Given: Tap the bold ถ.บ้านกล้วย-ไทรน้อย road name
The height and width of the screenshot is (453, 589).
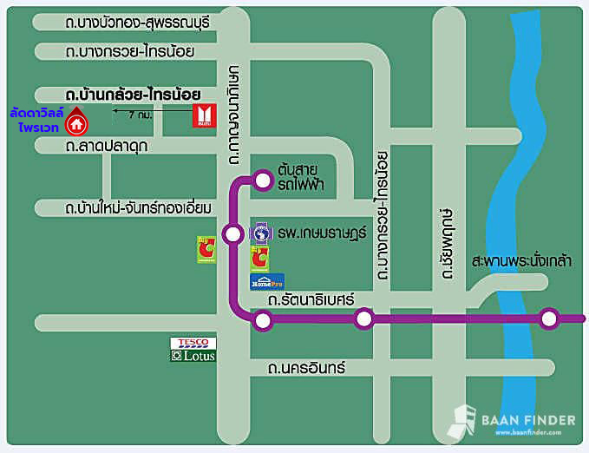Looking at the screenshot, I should (x=134, y=93).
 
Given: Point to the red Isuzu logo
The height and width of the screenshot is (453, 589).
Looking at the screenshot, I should (x=203, y=116).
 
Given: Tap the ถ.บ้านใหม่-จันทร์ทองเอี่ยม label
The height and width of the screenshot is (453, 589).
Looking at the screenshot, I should (x=139, y=208).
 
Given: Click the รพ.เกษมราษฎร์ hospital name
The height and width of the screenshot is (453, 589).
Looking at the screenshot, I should (x=323, y=233).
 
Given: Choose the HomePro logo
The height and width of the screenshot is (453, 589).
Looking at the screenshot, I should (x=267, y=281).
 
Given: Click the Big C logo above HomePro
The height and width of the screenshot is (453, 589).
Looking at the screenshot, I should (x=259, y=258).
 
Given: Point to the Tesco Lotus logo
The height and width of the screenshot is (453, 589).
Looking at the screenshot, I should (x=192, y=349).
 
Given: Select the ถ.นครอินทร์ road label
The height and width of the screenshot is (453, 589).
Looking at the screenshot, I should (x=306, y=368).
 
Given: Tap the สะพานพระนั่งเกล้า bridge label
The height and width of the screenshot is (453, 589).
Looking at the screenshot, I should (x=521, y=260).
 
